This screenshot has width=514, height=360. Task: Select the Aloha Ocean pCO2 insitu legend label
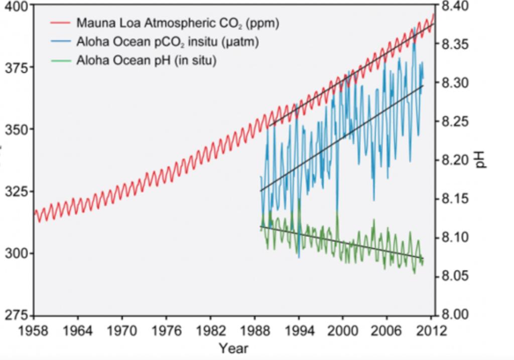pyautogui.click(x=167, y=42)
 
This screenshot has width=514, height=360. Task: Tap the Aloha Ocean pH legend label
pyautogui.click(x=146, y=61)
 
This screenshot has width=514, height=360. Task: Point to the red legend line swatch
pyautogui.click(x=61, y=23)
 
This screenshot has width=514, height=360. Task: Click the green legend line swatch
pyautogui.click(x=61, y=61)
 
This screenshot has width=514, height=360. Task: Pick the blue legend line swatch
pyautogui.click(x=61, y=42)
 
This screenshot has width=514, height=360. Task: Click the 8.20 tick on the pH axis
pyautogui.click(x=456, y=161)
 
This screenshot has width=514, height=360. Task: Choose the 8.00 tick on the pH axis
pyautogui.click(x=456, y=315)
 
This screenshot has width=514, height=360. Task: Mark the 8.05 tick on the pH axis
pyautogui.click(x=456, y=277)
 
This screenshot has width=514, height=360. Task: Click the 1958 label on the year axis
pyautogui.click(x=34, y=331)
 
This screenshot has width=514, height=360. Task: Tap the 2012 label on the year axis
pyautogui.click(x=432, y=331)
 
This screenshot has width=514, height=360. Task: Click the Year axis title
pyautogui.click(x=233, y=348)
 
